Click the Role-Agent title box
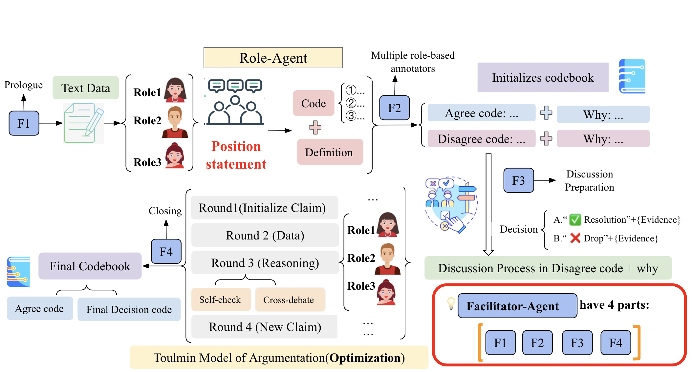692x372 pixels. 273,58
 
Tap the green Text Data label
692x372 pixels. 86,88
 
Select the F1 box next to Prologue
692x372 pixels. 24,123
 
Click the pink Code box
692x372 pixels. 314,103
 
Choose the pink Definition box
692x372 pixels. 330,152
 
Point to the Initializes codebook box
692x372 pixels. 543,78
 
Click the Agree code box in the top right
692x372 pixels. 481,113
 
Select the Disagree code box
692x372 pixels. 481,139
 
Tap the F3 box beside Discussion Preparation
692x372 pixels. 518,180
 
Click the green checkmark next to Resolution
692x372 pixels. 575,219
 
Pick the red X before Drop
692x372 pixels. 575,238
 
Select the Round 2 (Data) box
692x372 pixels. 265,235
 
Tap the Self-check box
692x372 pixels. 221,300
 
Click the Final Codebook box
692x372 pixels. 90,266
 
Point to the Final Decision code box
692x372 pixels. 129,309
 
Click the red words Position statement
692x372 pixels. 236,155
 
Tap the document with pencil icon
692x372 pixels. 84,123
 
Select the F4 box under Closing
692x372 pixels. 166,252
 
